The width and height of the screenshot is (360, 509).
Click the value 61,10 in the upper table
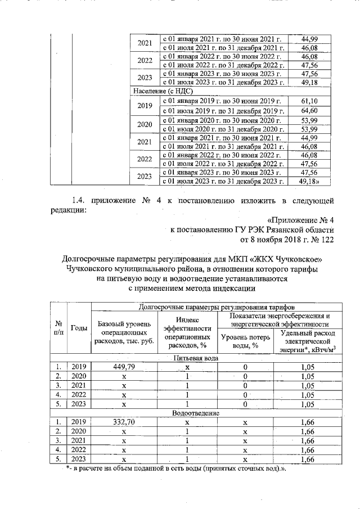point(310,101)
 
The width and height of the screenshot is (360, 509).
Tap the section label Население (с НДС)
point(160,91)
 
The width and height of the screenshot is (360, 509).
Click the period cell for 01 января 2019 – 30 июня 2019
point(224,101)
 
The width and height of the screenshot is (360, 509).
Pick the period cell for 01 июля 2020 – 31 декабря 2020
point(224,130)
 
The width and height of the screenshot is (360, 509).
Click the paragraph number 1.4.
point(81,200)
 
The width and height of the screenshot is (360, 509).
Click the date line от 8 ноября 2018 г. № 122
point(287,240)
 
